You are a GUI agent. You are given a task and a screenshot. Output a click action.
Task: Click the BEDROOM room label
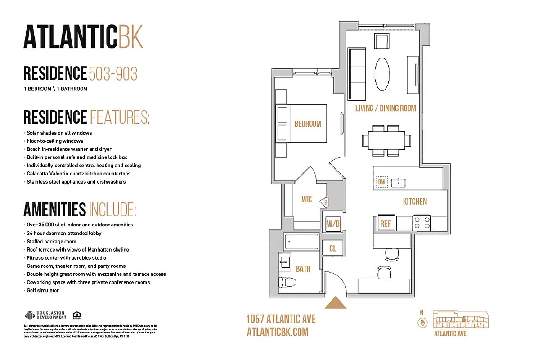click(308, 124)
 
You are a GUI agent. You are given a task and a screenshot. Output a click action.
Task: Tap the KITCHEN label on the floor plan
click(415, 202)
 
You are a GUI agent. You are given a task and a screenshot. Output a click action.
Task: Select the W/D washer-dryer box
click(333, 223)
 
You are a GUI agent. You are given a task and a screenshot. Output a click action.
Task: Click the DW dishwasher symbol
click(382, 182)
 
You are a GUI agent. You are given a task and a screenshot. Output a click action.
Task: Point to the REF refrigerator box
click(386, 223)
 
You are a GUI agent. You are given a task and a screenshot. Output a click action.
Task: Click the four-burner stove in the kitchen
click(422, 223)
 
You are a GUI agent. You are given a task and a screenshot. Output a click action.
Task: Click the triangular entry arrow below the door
click(336, 303)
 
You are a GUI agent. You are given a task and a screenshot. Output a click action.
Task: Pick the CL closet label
click(332, 248)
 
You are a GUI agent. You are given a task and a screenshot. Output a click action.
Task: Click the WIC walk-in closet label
click(307, 200)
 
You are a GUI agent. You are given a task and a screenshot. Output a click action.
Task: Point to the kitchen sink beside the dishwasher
click(399, 182)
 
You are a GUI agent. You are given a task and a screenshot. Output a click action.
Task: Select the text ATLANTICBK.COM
click(278, 332)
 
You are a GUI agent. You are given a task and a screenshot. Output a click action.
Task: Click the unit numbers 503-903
click(113, 73)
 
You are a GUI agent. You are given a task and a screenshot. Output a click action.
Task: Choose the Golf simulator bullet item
click(43, 290)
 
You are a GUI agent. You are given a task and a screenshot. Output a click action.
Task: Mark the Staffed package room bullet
click(51, 242)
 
